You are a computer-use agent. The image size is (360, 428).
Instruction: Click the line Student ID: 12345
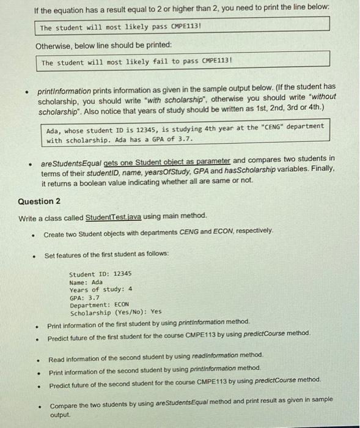[100, 275]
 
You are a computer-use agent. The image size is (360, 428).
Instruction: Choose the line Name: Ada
[86, 282]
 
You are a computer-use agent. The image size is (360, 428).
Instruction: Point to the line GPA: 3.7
[85, 297]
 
